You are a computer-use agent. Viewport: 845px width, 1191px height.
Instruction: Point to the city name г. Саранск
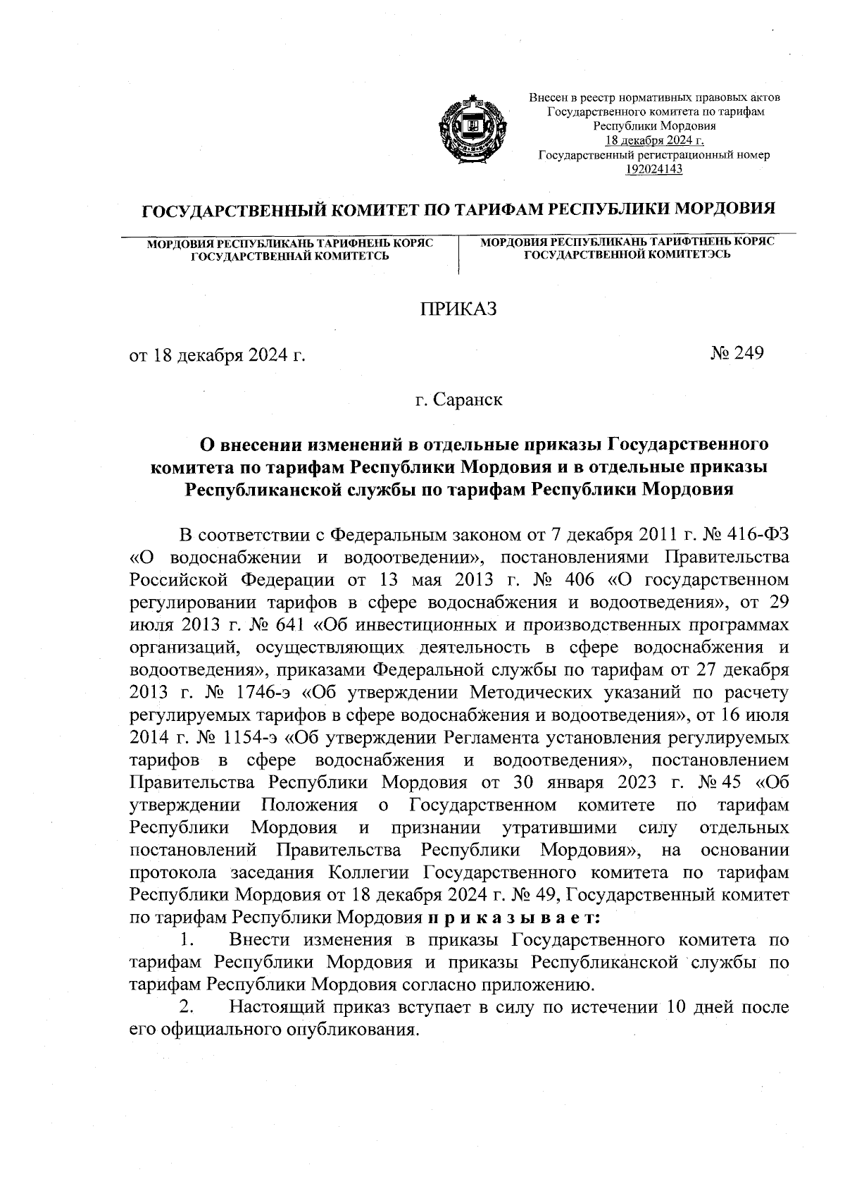pyautogui.click(x=458, y=400)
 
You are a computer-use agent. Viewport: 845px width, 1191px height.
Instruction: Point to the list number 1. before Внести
pyautogui.click(x=187, y=940)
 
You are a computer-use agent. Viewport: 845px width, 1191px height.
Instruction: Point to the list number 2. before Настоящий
pyautogui.click(x=187, y=1008)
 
